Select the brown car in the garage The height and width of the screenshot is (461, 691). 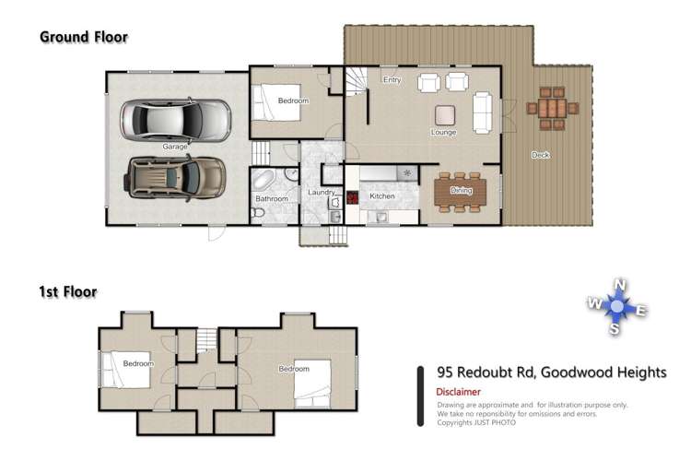(175, 177)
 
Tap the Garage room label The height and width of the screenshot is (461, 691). (175, 147)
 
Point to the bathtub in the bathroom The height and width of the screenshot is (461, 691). (266, 178)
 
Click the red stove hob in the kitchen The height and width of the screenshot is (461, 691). (352, 196)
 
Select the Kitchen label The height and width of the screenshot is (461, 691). (382, 196)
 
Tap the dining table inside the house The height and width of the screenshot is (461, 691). (459, 190)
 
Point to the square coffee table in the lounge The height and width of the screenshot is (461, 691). (446, 114)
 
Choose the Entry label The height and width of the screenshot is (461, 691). (392, 80)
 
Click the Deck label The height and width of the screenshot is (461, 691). (540, 155)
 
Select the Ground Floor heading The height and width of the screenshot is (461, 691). (83, 38)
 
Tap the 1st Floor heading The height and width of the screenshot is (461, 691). (67, 292)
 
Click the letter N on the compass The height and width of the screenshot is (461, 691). (621, 284)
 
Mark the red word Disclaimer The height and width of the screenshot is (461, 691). (458, 392)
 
